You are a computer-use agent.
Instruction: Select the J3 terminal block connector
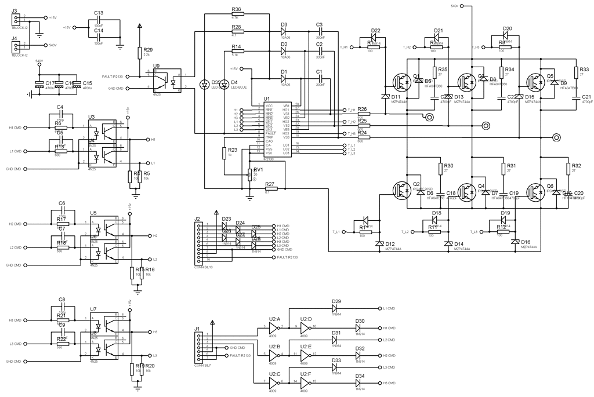coord(16,20)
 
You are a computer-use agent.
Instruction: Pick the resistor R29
coord(139,53)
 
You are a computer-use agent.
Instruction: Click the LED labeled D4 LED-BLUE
coord(226,85)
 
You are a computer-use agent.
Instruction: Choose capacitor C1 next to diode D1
coord(320,77)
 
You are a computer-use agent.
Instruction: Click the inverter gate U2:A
coord(274,326)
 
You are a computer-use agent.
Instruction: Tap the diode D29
coord(336,308)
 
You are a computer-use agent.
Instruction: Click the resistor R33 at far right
coord(575,72)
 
